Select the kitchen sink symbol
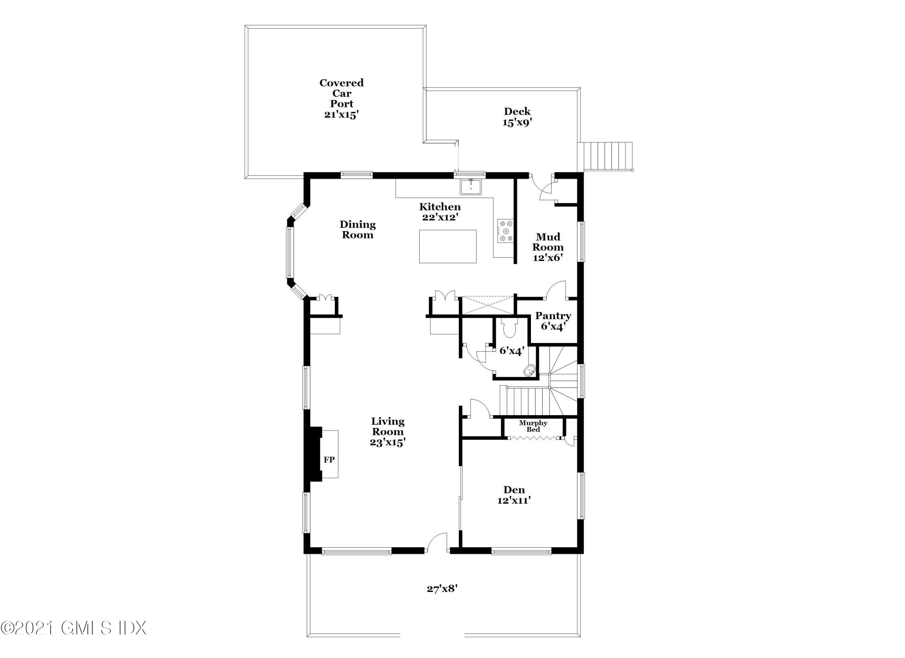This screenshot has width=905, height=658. (x=471, y=187)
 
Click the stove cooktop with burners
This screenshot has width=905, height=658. (x=506, y=231)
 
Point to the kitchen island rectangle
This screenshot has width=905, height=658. (x=448, y=246)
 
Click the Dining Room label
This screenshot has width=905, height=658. (x=357, y=230)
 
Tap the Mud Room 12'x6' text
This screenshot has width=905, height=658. (x=548, y=247)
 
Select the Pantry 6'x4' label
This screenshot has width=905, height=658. (x=553, y=321)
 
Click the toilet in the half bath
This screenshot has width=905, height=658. (x=510, y=329)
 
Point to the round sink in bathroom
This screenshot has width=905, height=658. (x=529, y=371)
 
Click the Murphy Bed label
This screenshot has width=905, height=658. (x=533, y=426)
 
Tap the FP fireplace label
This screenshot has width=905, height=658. (x=329, y=460)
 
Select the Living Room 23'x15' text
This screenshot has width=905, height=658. (x=387, y=432)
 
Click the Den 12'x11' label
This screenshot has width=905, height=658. (x=514, y=495)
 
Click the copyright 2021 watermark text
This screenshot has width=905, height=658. (x=74, y=628)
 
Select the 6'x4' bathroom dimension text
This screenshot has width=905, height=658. (x=512, y=351)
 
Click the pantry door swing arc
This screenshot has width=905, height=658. (x=555, y=289)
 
